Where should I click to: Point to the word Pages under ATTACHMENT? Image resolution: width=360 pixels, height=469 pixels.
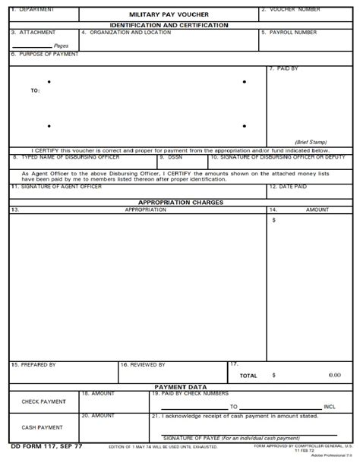[62, 46]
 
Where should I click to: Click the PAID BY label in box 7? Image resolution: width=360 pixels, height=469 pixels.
[286, 68]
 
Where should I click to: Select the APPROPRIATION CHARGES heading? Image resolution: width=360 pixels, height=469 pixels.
[180, 202]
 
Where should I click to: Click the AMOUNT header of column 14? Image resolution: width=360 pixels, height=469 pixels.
[317, 209]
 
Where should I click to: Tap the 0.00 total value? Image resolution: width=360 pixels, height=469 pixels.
[335, 375]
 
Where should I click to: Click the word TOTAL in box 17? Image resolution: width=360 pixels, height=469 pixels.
[248, 376]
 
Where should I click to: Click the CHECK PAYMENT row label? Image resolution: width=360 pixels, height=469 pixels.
[43, 401]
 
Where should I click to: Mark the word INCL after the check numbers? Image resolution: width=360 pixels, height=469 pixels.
[330, 407]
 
